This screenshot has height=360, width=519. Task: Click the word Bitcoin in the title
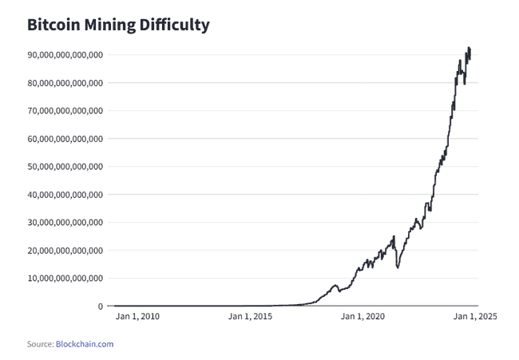(53, 25)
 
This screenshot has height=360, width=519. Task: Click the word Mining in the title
(111, 25)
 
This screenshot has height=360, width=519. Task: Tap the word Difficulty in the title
(176, 25)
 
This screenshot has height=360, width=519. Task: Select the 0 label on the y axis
(100, 307)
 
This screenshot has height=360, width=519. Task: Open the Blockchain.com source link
(85, 344)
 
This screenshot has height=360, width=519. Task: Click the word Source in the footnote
(40, 344)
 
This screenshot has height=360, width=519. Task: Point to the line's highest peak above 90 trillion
(469, 47)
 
